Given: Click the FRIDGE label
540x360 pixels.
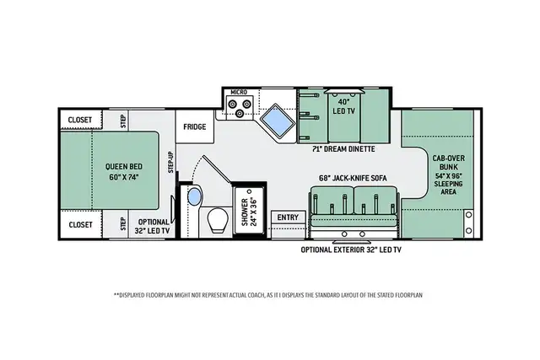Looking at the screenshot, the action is (x=195, y=127).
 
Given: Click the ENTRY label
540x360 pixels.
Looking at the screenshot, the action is (x=288, y=218).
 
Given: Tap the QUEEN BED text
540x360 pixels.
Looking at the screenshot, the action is (x=124, y=167).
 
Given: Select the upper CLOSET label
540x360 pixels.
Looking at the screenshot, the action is (x=80, y=120).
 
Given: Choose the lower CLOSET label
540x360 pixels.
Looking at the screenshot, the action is (x=81, y=225).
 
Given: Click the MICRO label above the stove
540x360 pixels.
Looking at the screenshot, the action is (x=239, y=92).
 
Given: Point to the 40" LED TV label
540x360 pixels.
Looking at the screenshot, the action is (x=343, y=106).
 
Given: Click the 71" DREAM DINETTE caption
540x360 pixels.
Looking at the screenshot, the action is (x=343, y=149).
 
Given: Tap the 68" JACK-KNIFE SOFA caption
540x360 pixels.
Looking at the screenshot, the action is (x=353, y=178).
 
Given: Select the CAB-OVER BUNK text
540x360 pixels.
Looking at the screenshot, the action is (x=448, y=163).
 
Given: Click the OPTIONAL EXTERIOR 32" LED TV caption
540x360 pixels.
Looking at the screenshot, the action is (x=351, y=250).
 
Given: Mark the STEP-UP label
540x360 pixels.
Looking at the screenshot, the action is (x=170, y=162).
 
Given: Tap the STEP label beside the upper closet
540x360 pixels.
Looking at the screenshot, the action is (x=123, y=121).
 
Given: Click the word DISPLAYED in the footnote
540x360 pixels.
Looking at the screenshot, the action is (x=132, y=295).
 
